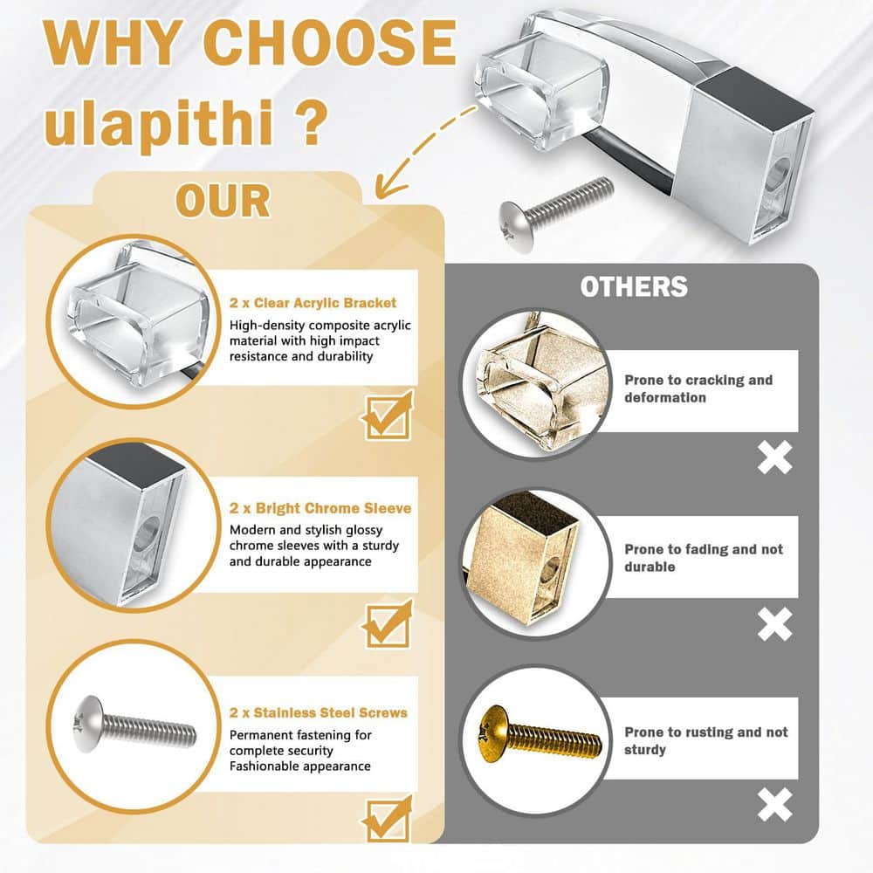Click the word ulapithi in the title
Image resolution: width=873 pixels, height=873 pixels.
click(159, 122)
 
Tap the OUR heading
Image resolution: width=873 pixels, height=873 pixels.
click(223, 201)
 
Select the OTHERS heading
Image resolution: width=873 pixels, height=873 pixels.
click(634, 286)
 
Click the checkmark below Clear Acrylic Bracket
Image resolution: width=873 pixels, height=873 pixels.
click(388, 416)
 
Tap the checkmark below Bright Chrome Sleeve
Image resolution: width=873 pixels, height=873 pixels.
click(388, 624)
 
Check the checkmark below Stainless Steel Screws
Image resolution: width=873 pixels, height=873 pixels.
click(388, 820)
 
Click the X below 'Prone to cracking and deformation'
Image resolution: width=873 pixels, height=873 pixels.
click(774, 457)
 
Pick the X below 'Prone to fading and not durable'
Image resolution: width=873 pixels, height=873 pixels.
click(774, 624)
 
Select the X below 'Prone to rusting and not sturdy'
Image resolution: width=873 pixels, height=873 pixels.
click(774, 805)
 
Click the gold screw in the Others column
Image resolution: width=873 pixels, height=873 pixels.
click(539, 732)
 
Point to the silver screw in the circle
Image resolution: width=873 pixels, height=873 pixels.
click(134, 724)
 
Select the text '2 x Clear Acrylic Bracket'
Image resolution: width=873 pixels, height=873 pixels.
click(313, 303)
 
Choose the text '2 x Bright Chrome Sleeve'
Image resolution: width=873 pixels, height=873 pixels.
click(320, 508)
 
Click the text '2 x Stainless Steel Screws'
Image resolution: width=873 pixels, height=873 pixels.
click(319, 712)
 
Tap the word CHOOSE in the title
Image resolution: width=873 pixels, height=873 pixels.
click(330, 42)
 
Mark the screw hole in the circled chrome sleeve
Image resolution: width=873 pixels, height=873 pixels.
click(146, 533)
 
